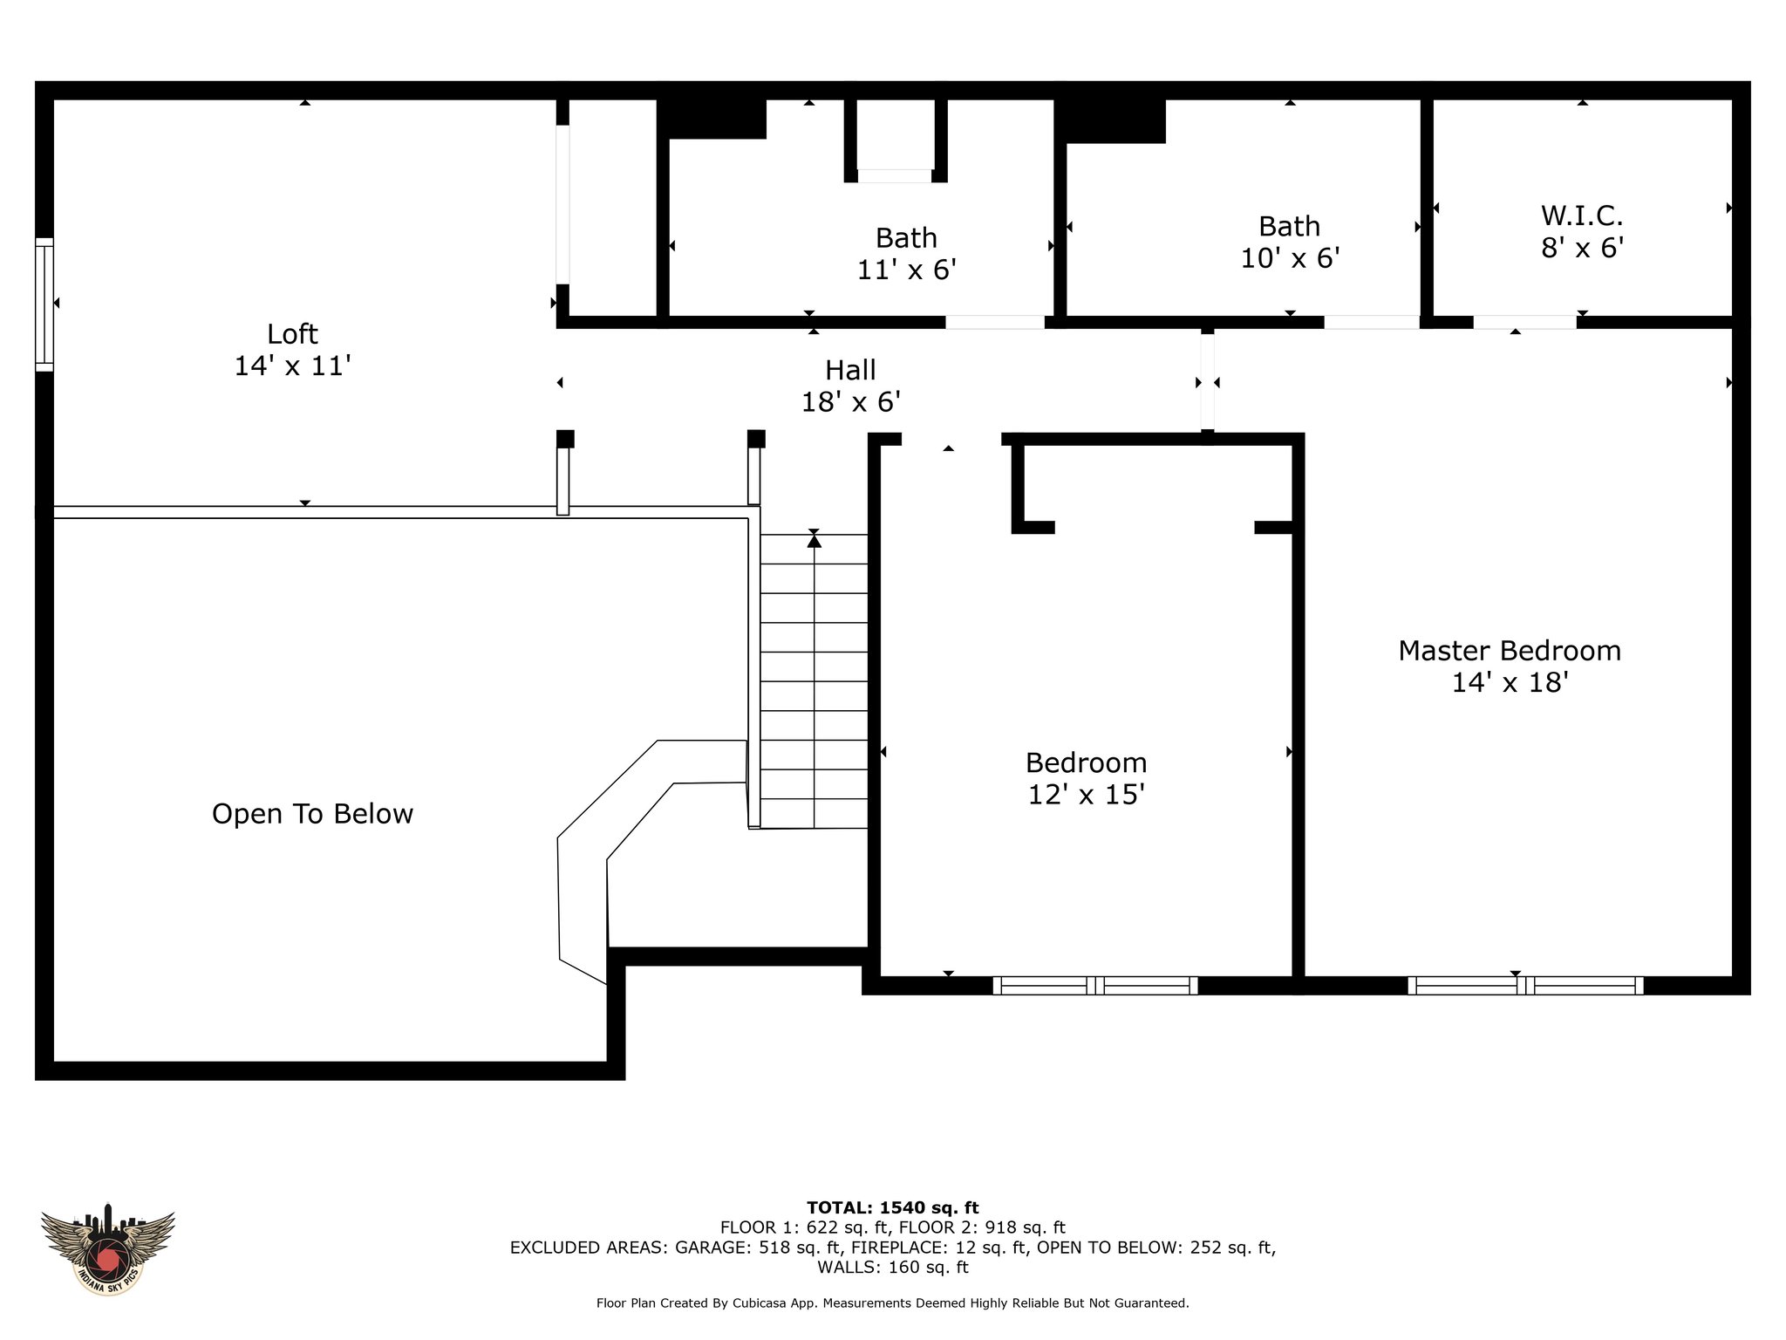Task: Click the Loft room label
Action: [292, 334]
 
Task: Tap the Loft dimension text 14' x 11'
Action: [292, 366]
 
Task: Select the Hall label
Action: [850, 371]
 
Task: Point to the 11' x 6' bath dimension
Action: [907, 270]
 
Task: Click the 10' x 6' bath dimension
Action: [1290, 259]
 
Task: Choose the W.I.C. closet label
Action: [1582, 215]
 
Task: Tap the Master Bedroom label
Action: [1510, 651]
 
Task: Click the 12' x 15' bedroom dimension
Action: [1086, 795]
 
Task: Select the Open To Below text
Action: [312, 814]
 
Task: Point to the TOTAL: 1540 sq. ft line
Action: [893, 1208]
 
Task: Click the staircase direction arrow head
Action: [814, 541]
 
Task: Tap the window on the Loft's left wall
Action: [44, 304]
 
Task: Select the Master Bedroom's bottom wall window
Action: [1525, 986]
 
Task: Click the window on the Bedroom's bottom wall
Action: [1095, 986]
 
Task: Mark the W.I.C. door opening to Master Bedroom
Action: [1524, 322]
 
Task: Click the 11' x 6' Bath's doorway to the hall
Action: [995, 322]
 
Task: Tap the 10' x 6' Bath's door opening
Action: [1372, 322]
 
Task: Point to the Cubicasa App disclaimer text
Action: [893, 1303]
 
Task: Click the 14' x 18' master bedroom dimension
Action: [1510, 682]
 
